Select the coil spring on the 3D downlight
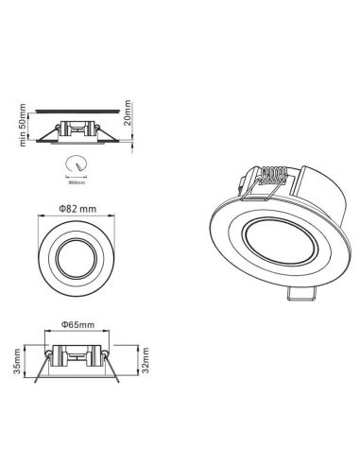coord(273,177)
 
